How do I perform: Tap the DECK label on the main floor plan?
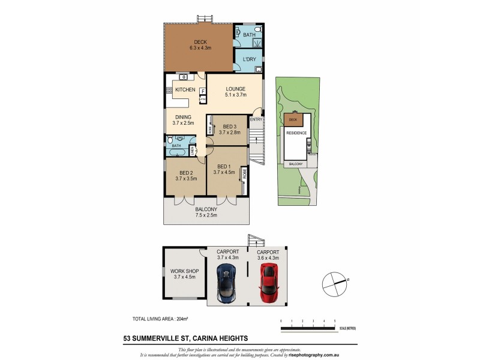tap(200, 42)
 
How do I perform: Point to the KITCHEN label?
tap(185, 89)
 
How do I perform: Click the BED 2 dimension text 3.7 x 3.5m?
tap(186, 178)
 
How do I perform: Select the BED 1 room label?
tap(224, 166)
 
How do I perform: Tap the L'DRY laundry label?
tap(249, 60)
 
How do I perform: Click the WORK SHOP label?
tap(185, 271)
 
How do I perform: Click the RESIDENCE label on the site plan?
tap(296, 133)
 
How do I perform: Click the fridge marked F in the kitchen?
tap(203, 91)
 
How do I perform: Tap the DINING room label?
tap(183, 118)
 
